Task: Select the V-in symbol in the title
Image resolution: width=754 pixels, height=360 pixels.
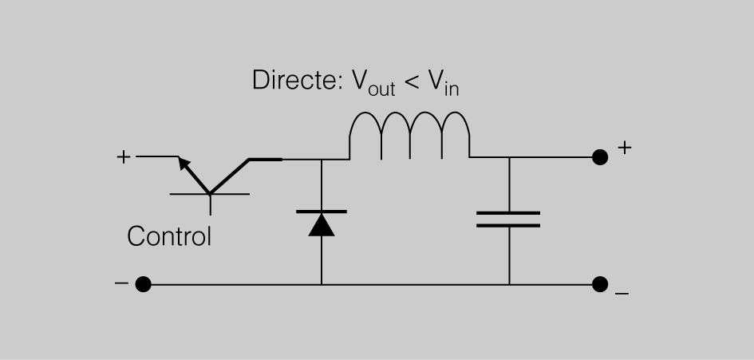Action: point(444,83)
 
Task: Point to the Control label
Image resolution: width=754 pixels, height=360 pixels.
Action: point(169,236)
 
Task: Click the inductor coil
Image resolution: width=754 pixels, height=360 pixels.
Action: point(409,135)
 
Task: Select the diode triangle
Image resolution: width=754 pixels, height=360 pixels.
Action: point(322,224)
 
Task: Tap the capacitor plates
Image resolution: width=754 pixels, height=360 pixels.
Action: point(508,219)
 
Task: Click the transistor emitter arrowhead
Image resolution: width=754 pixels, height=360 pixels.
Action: point(184,164)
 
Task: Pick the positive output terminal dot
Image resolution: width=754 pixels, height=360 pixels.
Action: point(600,158)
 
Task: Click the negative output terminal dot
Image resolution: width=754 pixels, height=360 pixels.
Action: point(600,284)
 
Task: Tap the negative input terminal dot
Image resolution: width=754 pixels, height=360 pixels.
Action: point(143,284)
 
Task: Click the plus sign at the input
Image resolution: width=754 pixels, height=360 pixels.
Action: point(123,157)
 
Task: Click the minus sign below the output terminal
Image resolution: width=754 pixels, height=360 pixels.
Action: point(622,295)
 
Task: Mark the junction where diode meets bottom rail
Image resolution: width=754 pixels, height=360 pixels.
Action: point(322,284)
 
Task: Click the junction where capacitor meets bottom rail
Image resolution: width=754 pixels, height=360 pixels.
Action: point(509,284)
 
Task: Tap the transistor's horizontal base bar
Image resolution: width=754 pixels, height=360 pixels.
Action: point(210,194)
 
